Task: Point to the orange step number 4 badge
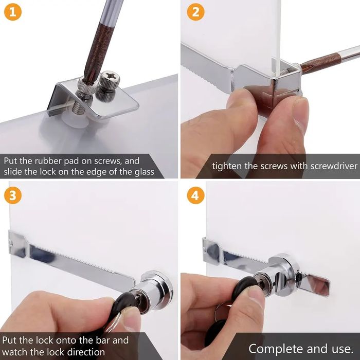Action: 195,195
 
